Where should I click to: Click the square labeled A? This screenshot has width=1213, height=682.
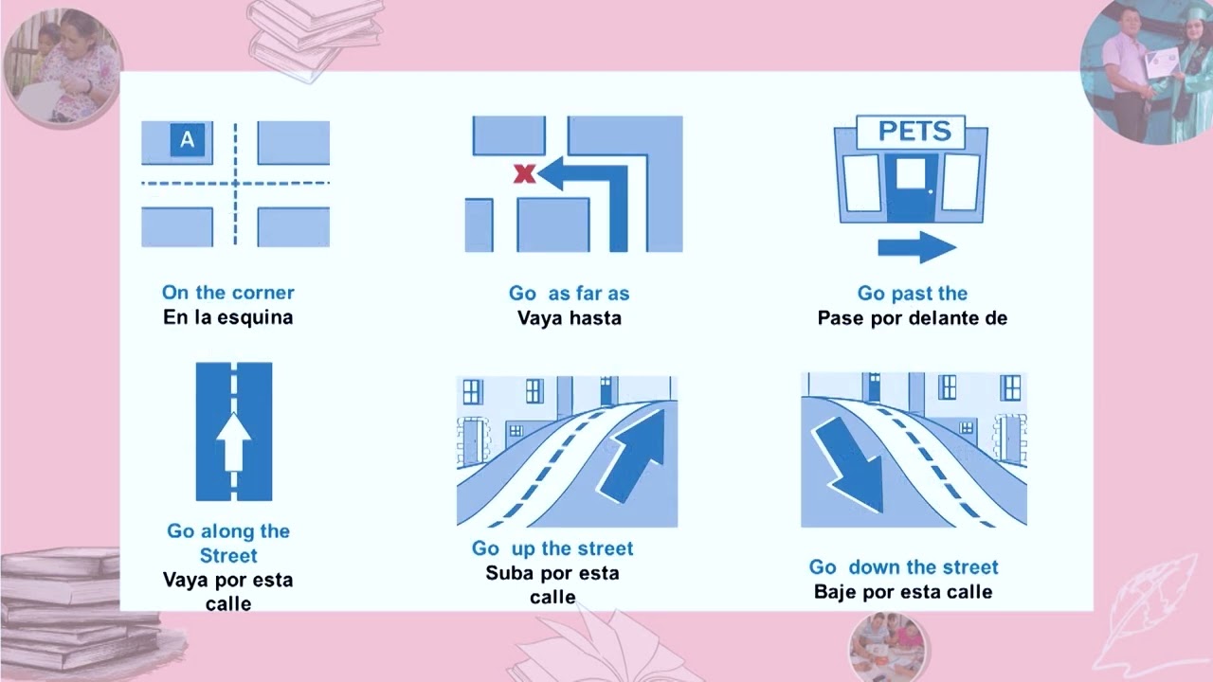[x=188, y=139]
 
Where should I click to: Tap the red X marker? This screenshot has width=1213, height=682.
[x=524, y=173]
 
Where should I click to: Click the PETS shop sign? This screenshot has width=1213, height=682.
[x=911, y=132]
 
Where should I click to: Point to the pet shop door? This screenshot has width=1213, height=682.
[x=911, y=188]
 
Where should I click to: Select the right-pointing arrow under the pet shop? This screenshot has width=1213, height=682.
[x=916, y=247]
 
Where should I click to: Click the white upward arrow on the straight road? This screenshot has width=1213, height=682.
[x=233, y=442]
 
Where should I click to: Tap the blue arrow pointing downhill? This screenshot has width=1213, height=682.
[x=848, y=464]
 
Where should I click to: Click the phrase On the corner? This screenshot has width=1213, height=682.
[x=228, y=293]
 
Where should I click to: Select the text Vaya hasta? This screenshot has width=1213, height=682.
[x=570, y=317]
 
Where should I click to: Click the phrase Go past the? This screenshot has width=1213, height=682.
[x=912, y=293]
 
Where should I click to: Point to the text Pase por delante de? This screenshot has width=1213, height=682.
[x=912, y=317]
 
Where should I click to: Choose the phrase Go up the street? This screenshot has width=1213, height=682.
[x=552, y=548]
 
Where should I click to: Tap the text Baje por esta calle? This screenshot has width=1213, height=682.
[x=903, y=592]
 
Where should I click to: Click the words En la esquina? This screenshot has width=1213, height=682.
[x=228, y=317]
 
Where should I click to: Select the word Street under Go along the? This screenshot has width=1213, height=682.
[x=228, y=555]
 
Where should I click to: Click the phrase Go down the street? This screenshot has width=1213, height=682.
[x=903, y=566]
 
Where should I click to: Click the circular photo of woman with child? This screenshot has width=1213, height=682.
[x=63, y=67]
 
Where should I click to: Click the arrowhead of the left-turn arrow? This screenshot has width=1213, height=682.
[x=551, y=173]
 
